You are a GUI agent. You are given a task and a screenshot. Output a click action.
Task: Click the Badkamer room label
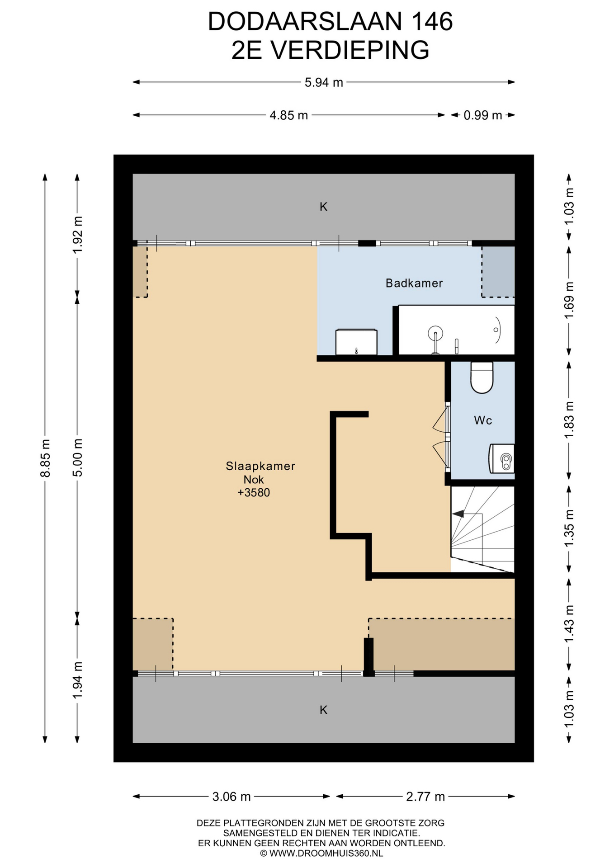(414, 283)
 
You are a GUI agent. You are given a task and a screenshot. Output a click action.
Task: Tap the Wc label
(483, 420)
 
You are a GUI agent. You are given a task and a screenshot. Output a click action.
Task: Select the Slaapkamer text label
(260, 466)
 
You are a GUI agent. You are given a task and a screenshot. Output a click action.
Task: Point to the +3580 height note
(254, 493)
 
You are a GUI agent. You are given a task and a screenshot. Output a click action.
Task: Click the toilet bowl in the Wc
(482, 377)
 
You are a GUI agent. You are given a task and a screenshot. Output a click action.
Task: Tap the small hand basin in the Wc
(502, 458)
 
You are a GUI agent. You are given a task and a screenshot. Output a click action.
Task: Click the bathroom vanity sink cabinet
(356, 342)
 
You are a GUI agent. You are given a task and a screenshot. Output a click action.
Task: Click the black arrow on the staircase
(458, 514)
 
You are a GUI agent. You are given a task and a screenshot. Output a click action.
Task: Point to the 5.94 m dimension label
(324, 83)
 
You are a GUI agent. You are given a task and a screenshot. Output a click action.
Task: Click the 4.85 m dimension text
(288, 115)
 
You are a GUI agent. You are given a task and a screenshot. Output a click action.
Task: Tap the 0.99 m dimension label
(483, 115)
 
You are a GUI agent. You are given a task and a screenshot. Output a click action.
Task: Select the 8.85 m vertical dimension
(45, 458)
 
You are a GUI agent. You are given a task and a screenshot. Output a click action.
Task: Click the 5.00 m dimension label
(78, 458)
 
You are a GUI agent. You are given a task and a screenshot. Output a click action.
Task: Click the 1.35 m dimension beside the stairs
(569, 528)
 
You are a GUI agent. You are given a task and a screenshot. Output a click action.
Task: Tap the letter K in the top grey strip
(324, 207)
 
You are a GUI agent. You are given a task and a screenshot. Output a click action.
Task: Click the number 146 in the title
(431, 21)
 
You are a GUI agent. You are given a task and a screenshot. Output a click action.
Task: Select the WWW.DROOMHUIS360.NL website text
(326, 854)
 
